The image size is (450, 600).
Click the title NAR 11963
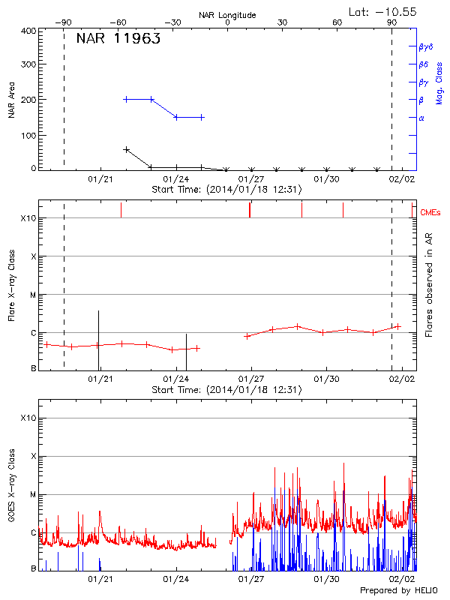point(118,40)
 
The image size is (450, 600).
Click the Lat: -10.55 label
point(384,11)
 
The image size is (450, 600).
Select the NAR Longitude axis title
point(227,15)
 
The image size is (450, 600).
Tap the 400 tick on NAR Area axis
point(29,31)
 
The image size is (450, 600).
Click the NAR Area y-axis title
point(12,100)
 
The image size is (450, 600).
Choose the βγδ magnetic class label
point(424,46)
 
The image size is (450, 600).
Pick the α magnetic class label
point(421,118)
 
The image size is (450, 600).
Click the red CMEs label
point(431,213)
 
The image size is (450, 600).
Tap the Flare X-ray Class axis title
point(12,286)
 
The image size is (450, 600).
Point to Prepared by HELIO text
point(399,591)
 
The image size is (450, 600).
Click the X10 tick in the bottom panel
point(28,418)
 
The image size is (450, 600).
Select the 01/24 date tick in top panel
point(175,179)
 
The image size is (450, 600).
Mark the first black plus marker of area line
point(126,150)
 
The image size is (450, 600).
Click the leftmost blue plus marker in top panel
point(126,99)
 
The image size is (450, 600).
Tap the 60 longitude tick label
point(337,22)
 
